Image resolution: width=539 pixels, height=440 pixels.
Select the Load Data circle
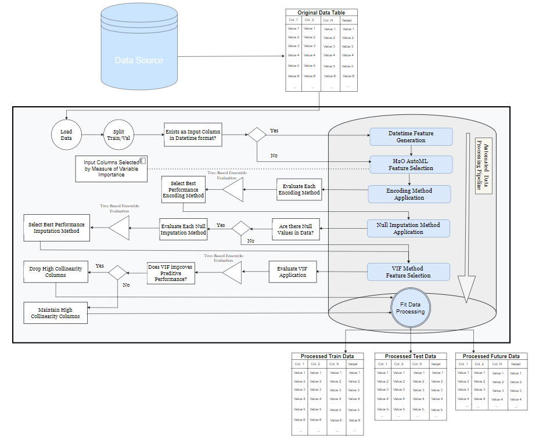coord(66,135)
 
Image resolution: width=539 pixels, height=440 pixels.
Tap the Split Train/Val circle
coord(118,135)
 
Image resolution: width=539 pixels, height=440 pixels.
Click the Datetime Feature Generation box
coord(411,137)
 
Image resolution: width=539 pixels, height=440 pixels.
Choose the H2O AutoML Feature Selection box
coord(411,164)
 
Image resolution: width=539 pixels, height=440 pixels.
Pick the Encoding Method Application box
coord(409,194)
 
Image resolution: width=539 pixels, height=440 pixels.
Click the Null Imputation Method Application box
coord(408,228)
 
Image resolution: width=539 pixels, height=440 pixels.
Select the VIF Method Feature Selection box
coord(408,272)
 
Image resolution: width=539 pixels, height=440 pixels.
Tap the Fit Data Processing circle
coord(410,308)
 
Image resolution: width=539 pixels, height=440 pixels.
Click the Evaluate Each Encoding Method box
coord(299,189)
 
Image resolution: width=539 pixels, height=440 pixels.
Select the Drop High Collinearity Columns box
coord(56,271)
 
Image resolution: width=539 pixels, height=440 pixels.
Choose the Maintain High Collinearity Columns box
coord(56,312)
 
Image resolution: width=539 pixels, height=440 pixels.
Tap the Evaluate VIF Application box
coord(293,272)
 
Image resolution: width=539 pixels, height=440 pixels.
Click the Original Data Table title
coord(321,13)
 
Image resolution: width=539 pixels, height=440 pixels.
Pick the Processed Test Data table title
coord(410,356)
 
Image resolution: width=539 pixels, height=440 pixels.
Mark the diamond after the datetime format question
coord(256,135)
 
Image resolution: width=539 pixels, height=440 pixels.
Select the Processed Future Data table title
coord(491,356)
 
